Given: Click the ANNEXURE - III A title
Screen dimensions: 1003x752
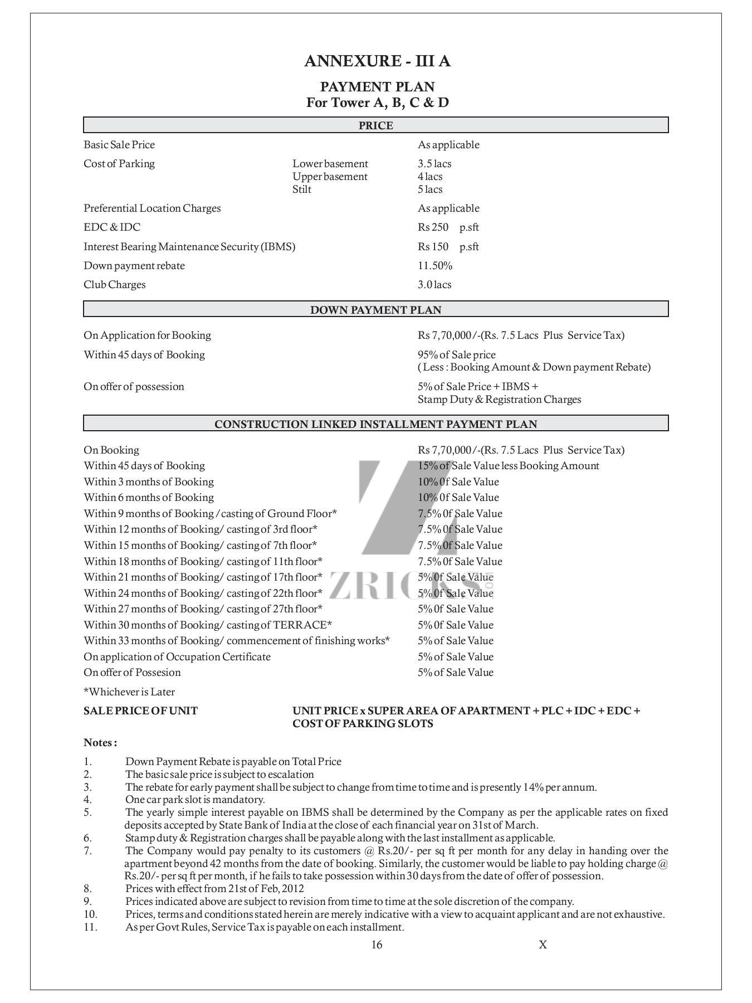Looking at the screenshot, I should (377, 61).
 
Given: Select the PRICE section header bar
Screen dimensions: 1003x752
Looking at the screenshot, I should (375, 125).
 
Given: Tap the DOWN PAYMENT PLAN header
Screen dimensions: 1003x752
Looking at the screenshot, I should (375, 310).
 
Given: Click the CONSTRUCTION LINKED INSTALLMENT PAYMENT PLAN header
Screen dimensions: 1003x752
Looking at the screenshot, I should (375, 424).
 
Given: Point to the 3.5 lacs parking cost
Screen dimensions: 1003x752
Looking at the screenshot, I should (434, 164).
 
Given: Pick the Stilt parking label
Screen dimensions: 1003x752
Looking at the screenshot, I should (302, 189).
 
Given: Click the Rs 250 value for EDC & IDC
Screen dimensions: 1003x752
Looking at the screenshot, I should (433, 227).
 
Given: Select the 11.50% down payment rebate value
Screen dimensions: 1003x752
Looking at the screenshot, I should (434, 266).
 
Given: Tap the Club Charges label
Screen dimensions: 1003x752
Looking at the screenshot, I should (114, 285).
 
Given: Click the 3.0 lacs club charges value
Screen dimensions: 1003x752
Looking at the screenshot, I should (434, 285).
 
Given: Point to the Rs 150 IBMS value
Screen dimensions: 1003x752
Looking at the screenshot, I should (433, 247).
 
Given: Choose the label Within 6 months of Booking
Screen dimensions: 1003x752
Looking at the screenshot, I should (149, 498).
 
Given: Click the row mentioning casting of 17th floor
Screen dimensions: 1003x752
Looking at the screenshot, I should (203, 577).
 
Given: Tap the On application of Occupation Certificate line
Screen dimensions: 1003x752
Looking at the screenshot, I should (177, 657).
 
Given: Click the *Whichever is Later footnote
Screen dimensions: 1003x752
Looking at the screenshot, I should (129, 692).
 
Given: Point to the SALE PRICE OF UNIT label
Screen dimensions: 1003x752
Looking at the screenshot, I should (140, 711).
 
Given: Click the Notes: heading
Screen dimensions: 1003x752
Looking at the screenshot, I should (100, 743).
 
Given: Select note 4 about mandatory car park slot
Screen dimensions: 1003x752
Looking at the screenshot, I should (195, 800).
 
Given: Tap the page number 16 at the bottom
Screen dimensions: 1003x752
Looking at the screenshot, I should (377, 944).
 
